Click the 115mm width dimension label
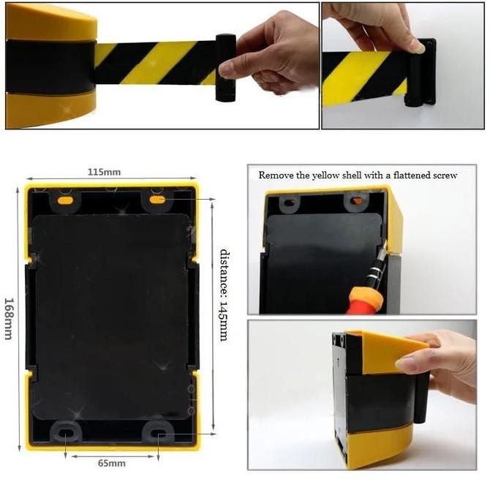104,172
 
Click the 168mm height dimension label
9,318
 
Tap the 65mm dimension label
112,463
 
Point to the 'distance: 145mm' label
225,295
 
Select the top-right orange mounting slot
157,199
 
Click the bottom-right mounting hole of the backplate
158,434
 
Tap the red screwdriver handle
364,301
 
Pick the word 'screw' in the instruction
445,176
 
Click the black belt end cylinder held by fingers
225,67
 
